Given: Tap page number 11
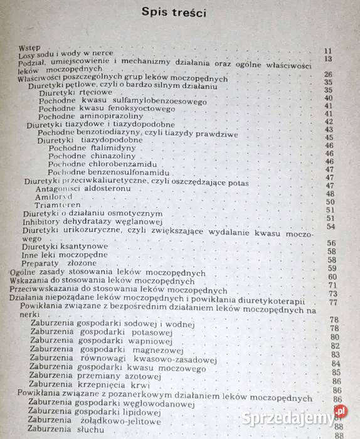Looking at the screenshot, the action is click(x=327, y=51).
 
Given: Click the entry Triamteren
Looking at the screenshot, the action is click(x=57, y=205).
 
